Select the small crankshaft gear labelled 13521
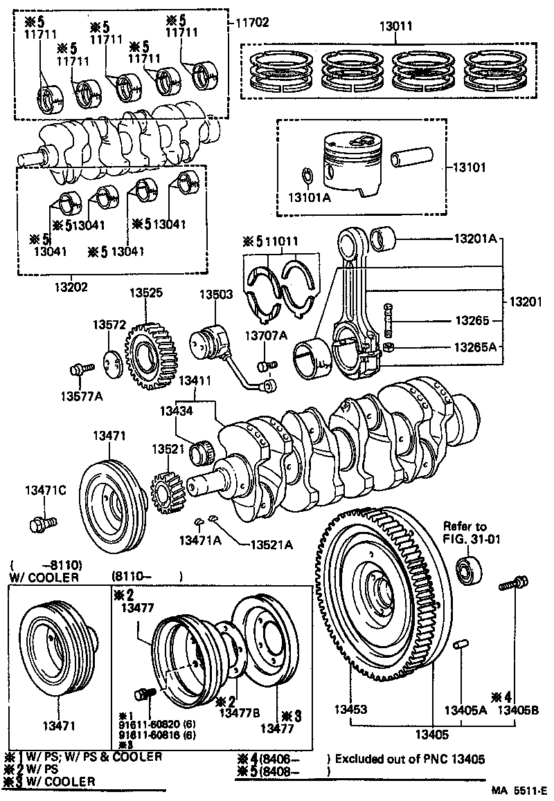pyautogui.click(x=166, y=492)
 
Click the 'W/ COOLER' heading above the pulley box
pyautogui.click(x=44, y=577)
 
